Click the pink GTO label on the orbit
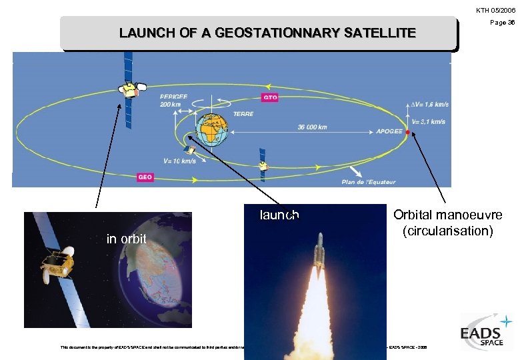click(270, 97)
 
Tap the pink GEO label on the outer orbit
click(145, 177)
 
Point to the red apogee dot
click(408, 133)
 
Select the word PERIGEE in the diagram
click(173, 97)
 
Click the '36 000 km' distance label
click(313, 127)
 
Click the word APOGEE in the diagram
click(389, 132)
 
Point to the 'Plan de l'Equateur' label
click(368, 181)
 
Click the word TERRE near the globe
click(243, 114)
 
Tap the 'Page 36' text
click(502, 22)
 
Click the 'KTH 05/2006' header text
click(495, 10)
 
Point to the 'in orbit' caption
click(127, 239)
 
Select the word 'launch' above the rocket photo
click(279, 215)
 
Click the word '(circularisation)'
click(447, 231)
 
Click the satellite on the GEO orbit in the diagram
click(127, 88)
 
